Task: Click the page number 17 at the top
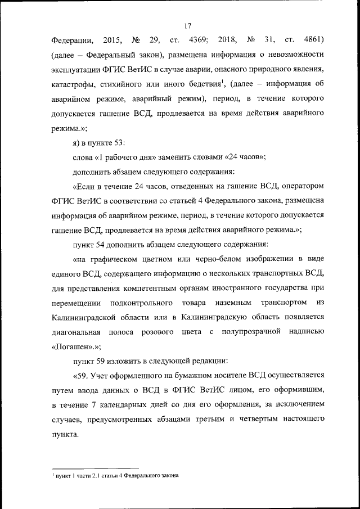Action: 188,25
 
